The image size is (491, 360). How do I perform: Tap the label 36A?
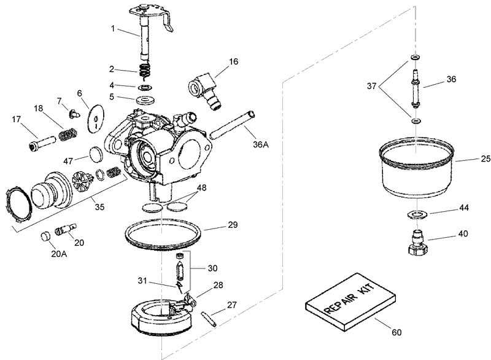click(x=261, y=146)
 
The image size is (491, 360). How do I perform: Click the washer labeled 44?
click(x=417, y=214)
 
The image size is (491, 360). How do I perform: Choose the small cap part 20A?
click(x=45, y=237)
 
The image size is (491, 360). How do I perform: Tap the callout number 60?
click(x=396, y=333)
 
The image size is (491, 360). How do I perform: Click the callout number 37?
click(x=371, y=87)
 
